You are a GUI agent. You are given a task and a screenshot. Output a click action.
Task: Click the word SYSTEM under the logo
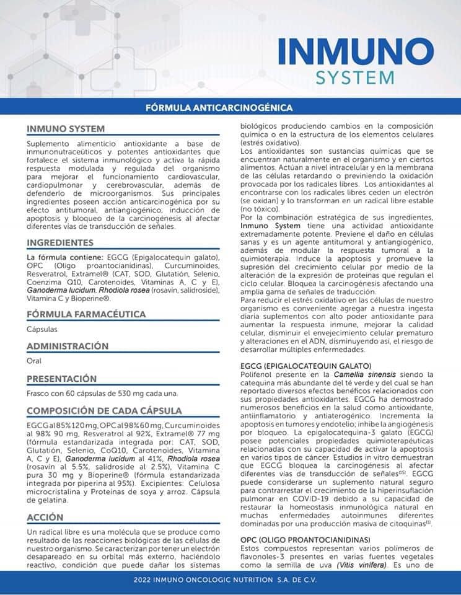[x=354, y=78]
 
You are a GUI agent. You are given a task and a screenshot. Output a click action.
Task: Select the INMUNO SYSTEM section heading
[x=61, y=130]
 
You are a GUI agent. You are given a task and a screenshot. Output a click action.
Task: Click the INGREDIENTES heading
[x=60, y=242]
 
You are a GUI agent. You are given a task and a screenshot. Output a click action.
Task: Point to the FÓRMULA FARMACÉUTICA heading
[x=86, y=314]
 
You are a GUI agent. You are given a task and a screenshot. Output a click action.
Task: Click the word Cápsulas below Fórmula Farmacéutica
[x=42, y=329]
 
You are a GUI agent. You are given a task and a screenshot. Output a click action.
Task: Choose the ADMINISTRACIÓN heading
[x=68, y=346]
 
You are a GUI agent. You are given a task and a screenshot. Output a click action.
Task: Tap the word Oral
[x=34, y=361]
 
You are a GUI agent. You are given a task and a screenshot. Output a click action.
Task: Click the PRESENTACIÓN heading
[x=62, y=378]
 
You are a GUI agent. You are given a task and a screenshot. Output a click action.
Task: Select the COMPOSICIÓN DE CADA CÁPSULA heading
[x=104, y=410]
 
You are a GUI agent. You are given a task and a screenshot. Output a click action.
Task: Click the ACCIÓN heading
[x=45, y=517]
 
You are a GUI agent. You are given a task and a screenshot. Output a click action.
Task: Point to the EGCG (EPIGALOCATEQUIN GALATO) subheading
[x=305, y=366]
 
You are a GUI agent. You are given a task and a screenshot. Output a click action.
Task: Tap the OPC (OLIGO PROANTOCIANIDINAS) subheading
[x=304, y=539]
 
